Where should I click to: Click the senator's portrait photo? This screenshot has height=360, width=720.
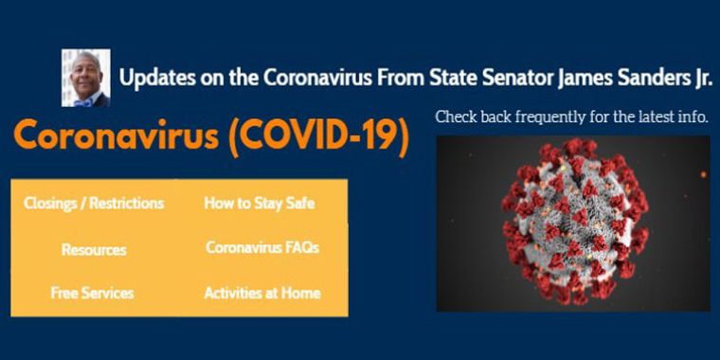tap(85, 78)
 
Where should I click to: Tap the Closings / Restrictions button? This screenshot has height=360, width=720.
tap(94, 203)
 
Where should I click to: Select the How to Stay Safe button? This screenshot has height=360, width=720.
tap(260, 203)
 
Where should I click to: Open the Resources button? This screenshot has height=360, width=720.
tap(94, 250)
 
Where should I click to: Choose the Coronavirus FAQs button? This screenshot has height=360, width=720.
tap(262, 247)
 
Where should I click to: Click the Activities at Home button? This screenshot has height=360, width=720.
tap(262, 293)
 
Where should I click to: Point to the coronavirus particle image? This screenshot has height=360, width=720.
tap(572, 224)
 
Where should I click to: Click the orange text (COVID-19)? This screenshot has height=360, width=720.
tap(318, 138)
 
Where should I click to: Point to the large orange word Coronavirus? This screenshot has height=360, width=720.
tap(117, 138)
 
